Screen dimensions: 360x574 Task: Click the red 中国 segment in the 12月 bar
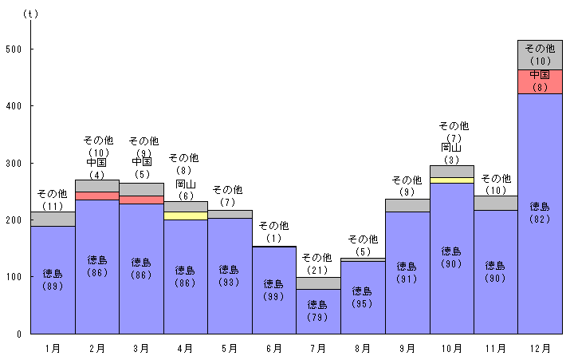pos(540,81)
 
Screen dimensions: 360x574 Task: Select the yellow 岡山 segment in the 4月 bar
pos(185,216)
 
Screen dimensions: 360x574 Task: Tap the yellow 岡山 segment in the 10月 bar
pos(451,180)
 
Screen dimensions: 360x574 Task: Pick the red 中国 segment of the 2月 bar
pos(96,196)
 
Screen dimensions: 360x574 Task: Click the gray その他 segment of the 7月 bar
pos(318,283)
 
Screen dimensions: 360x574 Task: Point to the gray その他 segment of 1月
pos(53,219)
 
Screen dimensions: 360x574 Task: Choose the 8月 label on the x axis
pos(362,348)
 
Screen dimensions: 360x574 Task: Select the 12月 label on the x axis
pos(540,348)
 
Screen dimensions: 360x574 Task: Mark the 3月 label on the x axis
pos(141,348)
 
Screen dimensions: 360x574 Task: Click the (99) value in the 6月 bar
pos(273,296)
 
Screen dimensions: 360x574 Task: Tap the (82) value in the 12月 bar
pos(540,220)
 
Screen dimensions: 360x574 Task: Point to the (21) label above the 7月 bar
pos(317,269)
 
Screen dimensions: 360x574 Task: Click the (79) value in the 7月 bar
pos(317,317)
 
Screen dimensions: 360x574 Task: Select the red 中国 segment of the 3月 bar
pos(141,200)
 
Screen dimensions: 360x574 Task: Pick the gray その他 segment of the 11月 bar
pos(495,203)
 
